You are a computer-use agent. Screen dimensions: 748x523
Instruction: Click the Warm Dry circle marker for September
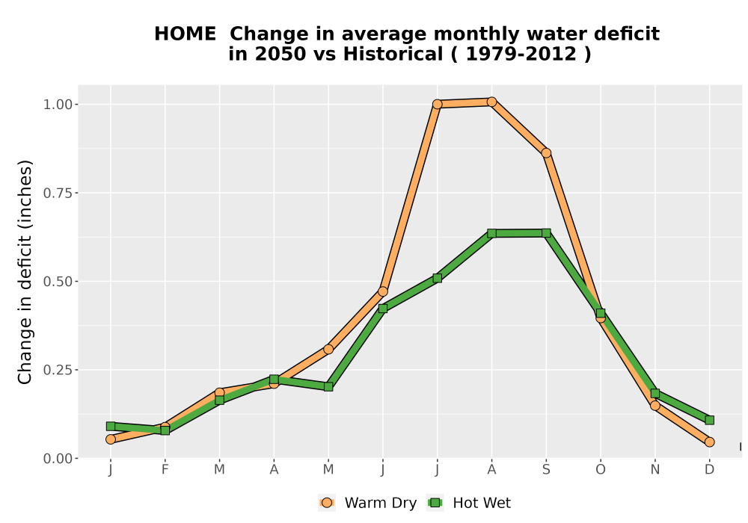tap(546, 153)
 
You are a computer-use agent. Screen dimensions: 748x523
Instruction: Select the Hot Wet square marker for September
tap(546, 233)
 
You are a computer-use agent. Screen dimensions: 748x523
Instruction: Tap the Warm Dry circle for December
tap(709, 442)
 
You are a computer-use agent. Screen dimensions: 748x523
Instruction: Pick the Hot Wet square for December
tap(709, 420)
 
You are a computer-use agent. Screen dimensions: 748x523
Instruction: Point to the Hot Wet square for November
tap(655, 394)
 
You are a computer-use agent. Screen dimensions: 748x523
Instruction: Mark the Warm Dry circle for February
tap(165, 427)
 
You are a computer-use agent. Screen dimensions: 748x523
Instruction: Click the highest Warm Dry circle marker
tap(492, 102)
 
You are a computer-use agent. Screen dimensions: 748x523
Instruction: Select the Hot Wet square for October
tap(601, 313)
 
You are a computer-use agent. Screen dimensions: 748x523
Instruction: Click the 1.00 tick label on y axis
tap(58, 105)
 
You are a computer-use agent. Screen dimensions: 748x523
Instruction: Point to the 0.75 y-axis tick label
tap(58, 193)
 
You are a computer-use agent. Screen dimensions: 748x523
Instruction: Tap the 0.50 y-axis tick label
tap(58, 282)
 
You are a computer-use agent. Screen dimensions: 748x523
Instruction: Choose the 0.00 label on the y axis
tap(58, 458)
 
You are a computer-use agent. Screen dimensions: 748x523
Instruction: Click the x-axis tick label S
tap(546, 470)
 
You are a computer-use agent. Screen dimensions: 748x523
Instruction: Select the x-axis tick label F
tap(165, 470)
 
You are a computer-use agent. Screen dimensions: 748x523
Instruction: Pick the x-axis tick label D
tap(709, 470)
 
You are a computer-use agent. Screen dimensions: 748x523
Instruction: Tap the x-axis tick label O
tap(601, 470)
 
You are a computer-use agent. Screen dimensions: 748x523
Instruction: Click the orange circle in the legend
tap(327, 503)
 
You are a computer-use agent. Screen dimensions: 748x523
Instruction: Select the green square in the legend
tap(435, 503)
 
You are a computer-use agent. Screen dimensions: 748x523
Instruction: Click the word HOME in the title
tap(185, 34)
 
